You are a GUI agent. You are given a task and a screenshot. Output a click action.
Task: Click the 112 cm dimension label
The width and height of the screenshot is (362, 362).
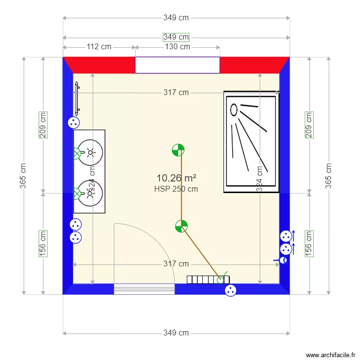99,47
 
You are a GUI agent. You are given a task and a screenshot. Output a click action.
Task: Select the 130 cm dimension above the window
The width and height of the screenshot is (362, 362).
178,47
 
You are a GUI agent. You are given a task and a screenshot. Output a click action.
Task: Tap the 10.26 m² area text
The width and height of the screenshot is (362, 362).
176,179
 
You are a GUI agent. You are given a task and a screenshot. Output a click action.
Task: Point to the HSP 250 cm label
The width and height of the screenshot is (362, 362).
176,189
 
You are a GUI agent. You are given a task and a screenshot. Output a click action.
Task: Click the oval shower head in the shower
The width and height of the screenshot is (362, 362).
234,110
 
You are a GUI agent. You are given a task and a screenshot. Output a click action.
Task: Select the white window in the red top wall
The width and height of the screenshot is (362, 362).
177,65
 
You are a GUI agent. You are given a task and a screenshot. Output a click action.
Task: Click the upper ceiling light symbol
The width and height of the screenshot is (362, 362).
178,151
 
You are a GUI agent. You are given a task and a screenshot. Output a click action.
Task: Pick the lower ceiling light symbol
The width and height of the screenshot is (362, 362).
181,225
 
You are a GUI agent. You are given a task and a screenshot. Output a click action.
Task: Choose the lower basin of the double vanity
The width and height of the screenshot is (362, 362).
90,193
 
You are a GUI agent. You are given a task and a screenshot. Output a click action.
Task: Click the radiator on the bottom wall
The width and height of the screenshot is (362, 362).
208,279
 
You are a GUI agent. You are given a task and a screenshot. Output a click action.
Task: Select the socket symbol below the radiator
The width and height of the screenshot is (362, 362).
231,291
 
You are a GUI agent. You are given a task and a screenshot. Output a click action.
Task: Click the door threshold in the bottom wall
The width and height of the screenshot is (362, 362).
144,289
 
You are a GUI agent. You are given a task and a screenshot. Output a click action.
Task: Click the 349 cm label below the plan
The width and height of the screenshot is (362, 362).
176,333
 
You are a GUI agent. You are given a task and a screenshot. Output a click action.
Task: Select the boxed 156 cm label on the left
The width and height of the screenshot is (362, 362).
43,243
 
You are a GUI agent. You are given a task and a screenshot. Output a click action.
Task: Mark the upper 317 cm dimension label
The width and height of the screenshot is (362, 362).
176,93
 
